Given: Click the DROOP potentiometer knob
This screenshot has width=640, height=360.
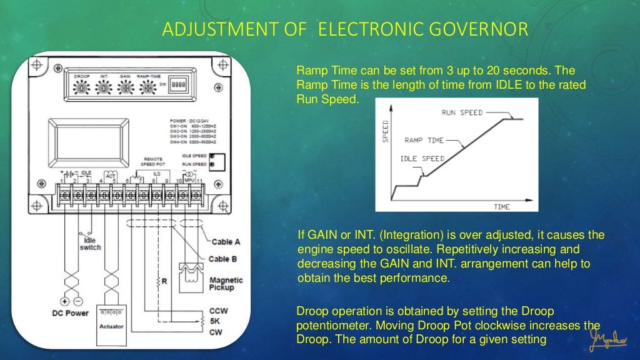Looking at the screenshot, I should click(x=81, y=89).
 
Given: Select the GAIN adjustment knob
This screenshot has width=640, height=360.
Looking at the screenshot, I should click(x=125, y=89).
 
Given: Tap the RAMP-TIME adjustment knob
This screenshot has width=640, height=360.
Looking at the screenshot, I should click(x=148, y=89).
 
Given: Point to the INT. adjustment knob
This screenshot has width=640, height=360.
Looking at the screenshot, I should click(x=104, y=89).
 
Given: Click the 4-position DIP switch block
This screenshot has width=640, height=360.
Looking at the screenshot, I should click(x=179, y=82).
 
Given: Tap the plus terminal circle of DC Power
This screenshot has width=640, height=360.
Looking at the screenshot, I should click(x=64, y=300).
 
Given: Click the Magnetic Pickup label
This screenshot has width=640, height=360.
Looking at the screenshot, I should click(x=226, y=284).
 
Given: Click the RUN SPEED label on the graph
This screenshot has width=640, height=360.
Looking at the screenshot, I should click(x=462, y=113).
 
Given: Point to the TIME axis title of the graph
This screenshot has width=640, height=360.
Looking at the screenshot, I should click(x=502, y=206).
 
